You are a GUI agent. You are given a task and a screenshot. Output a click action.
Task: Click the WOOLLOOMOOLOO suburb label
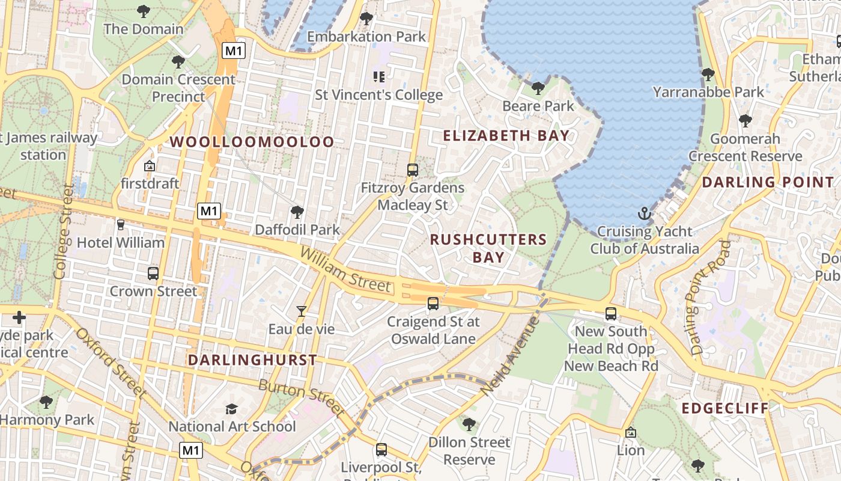(x=252, y=142)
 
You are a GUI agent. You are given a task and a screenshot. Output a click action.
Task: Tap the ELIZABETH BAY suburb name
(x=506, y=136)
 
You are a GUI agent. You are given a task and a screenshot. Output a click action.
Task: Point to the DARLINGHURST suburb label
(x=252, y=360)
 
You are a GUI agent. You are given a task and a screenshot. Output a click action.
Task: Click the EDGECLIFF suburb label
(x=725, y=409)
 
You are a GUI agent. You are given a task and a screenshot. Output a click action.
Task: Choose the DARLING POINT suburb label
(x=768, y=182)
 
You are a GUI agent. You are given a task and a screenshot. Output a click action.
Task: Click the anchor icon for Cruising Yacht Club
(x=644, y=214)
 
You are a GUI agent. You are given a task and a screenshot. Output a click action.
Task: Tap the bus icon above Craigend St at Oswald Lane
(x=433, y=304)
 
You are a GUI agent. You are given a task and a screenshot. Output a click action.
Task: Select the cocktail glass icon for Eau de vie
(x=302, y=311)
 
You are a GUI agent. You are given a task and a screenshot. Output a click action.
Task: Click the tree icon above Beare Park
(x=538, y=89)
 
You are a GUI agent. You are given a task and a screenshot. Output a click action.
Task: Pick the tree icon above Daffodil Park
(x=297, y=212)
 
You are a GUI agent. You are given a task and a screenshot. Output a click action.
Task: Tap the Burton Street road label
(x=302, y=399)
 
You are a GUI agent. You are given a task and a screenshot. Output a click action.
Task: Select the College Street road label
(x=62, y=232)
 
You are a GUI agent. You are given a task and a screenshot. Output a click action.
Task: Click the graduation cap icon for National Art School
(x=231, y=409)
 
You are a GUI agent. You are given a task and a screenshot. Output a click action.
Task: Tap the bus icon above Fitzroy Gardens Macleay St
(x=413, y=170)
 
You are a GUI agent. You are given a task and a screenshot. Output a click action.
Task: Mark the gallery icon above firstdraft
(x=150, y=166)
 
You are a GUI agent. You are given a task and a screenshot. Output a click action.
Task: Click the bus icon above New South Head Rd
(x=611, y=314)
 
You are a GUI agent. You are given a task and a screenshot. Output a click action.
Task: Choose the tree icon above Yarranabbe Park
(x=708, y=75)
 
